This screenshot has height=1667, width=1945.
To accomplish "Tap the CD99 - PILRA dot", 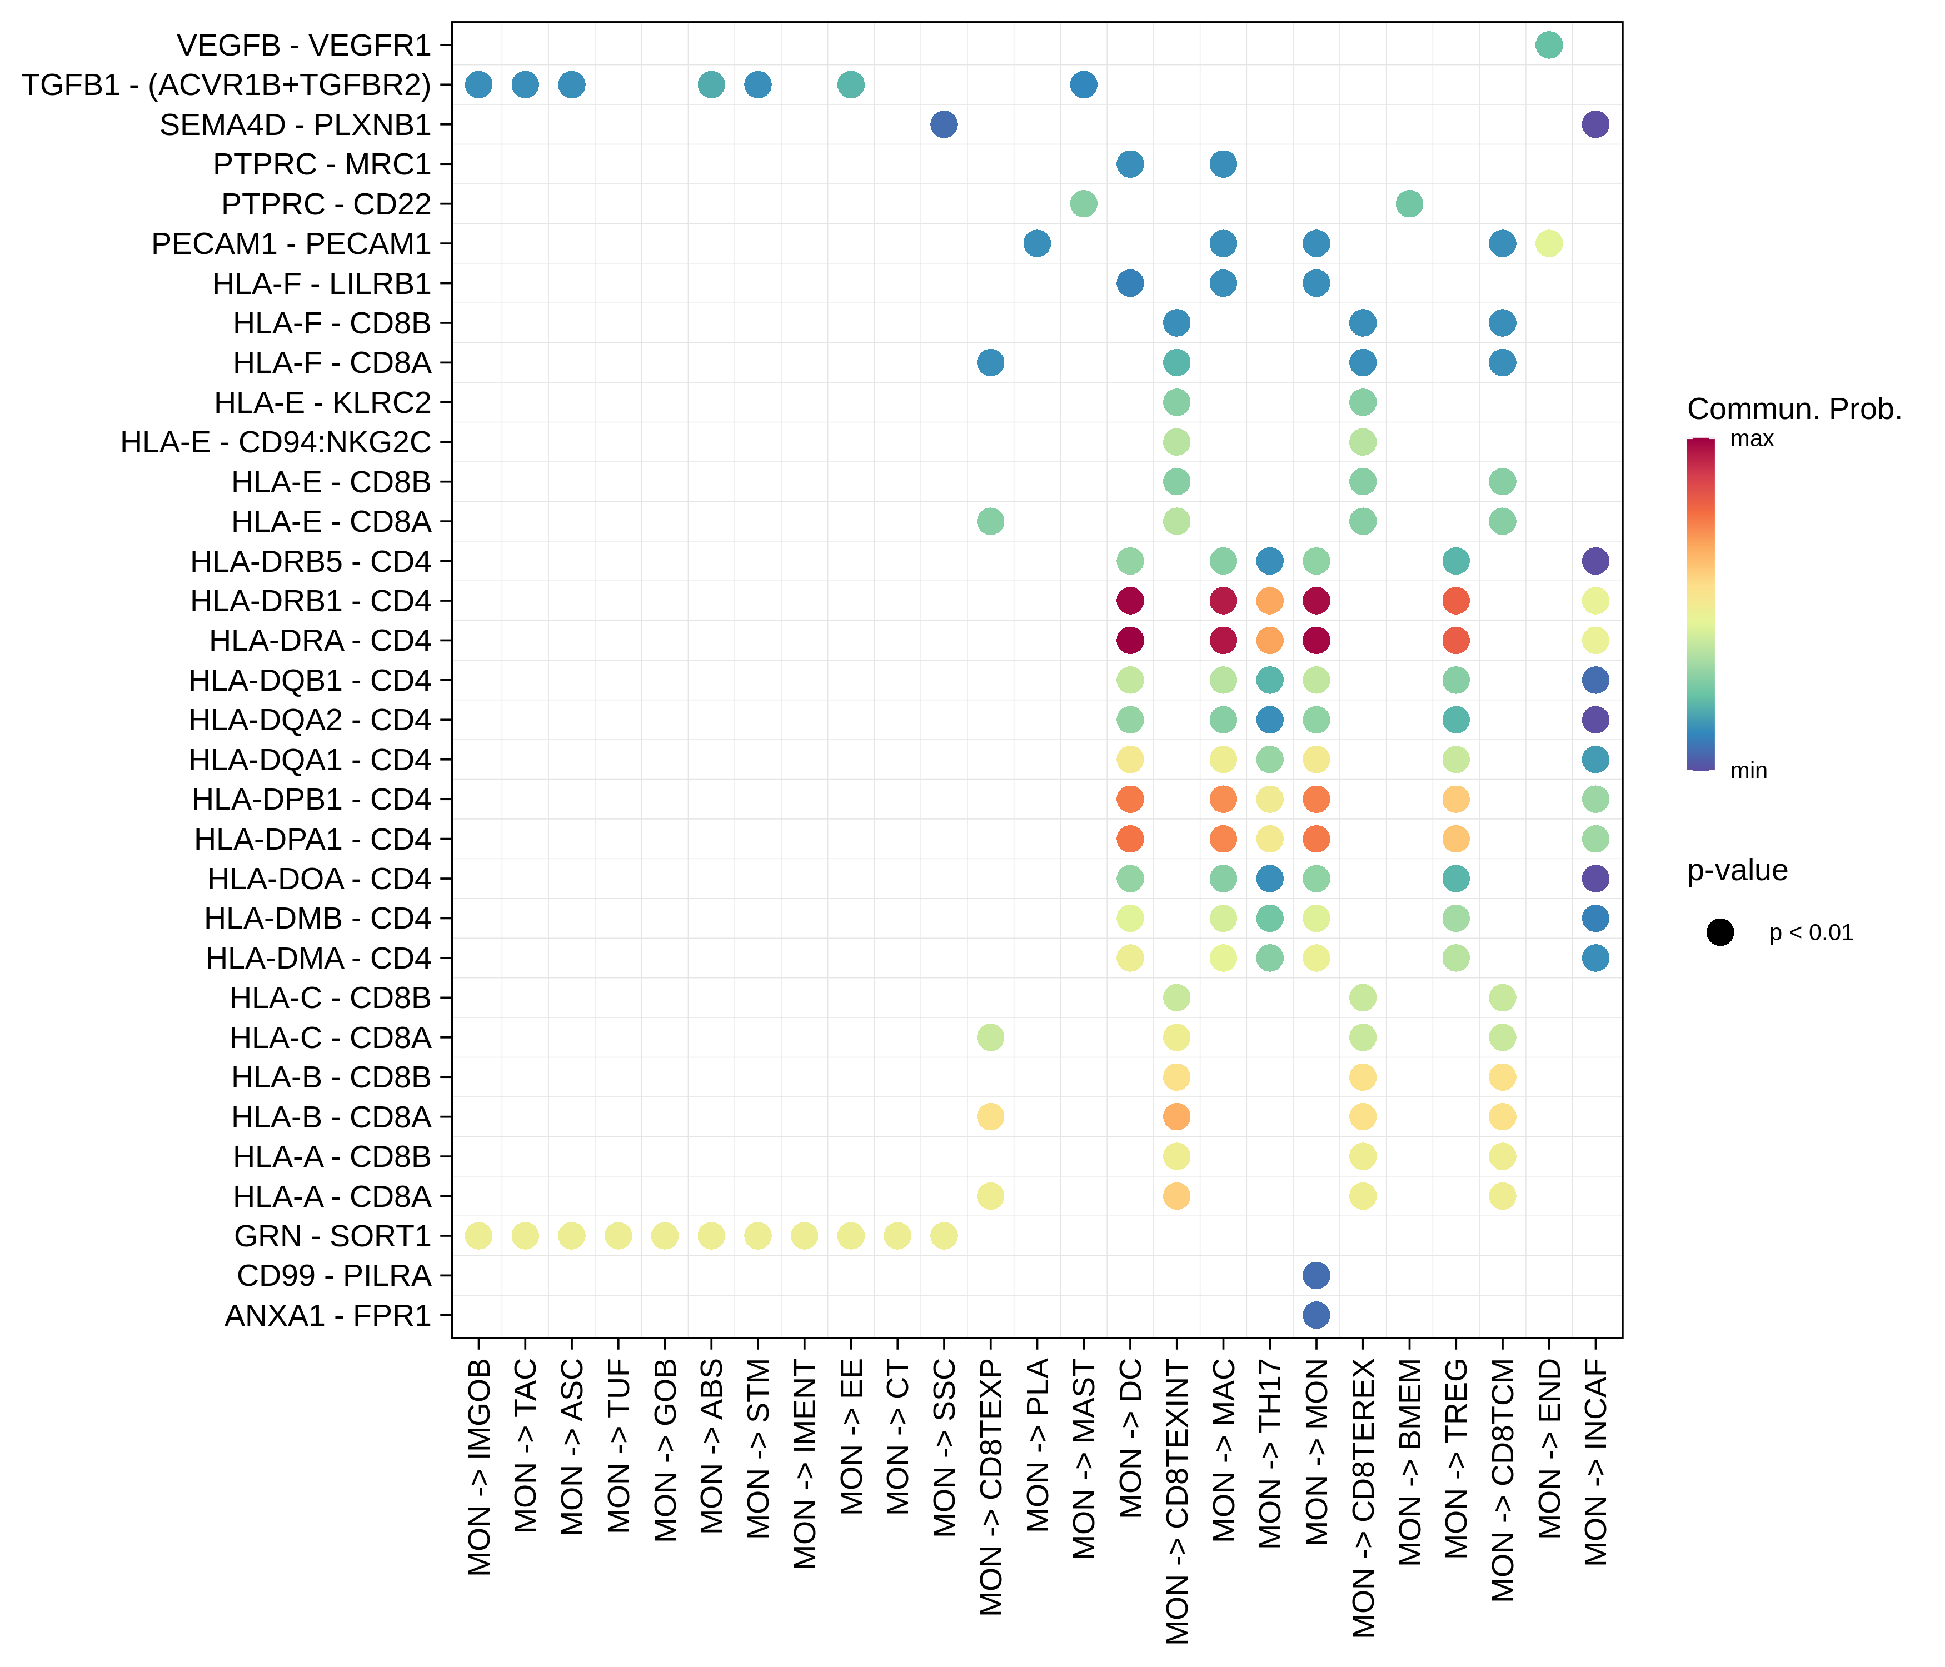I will [1316, 1276].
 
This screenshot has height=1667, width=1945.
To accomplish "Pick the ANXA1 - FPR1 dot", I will [1316, 1315].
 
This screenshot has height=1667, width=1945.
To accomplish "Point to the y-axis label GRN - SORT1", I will [332, 1236].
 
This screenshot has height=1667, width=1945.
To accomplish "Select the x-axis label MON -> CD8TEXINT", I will [1177, 1502].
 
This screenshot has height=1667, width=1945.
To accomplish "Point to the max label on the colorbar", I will [1752, 440].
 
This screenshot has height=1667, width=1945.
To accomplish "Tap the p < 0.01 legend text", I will [1811, 933].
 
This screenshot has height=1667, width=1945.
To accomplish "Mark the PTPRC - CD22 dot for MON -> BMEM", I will [1409, 204].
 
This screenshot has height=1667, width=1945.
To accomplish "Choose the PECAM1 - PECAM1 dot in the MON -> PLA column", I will [1036, 243].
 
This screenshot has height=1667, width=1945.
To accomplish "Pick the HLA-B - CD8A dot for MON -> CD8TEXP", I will [990, 1117].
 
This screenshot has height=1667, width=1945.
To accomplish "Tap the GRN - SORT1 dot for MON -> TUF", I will [617, 1236].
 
